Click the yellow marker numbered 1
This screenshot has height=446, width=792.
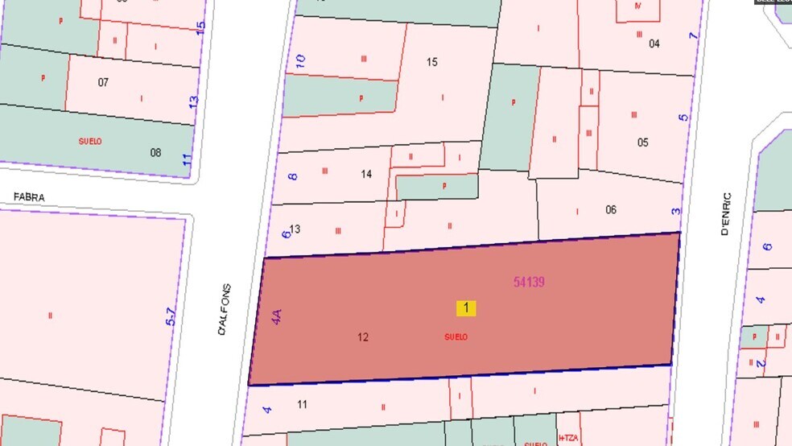[466, 308]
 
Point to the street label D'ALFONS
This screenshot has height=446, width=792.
[225, 309]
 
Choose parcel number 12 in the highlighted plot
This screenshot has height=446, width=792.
[363, 337]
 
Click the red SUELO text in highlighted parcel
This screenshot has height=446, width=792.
[456, 337]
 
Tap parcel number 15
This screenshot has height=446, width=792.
[432, 62]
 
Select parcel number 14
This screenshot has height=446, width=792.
[366, 174]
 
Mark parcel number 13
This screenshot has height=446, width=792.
[295, 229]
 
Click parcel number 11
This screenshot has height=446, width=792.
[303, 404]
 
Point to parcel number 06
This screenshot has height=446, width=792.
[611, 209]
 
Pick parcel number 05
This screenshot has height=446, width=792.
[642, 142]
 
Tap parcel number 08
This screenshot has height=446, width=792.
[155, 151]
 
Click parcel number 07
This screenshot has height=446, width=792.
[103, 82]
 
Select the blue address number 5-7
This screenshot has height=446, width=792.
[171, 316]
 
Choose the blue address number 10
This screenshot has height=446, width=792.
[300, 61]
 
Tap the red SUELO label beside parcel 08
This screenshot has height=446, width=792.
[90, 141]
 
